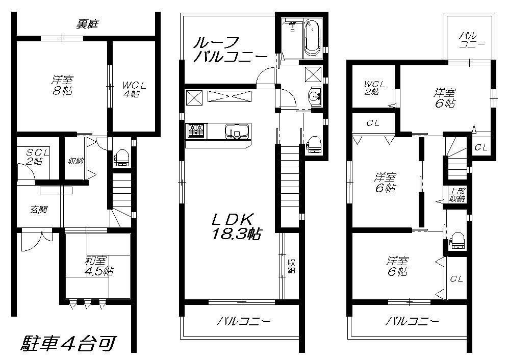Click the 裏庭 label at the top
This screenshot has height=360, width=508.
pos(87,24)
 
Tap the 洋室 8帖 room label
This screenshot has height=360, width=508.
pos(62,85)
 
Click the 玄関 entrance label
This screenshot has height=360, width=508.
pos(38,209)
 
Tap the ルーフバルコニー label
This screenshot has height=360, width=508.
pos(229,49)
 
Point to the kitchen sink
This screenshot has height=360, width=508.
pos(236,132)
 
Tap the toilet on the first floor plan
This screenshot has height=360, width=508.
pos(122,158)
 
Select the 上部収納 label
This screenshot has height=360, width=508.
pos(456,195)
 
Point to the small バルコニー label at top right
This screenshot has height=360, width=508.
pos(468,39)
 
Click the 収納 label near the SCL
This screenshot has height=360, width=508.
pos(76,162)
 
